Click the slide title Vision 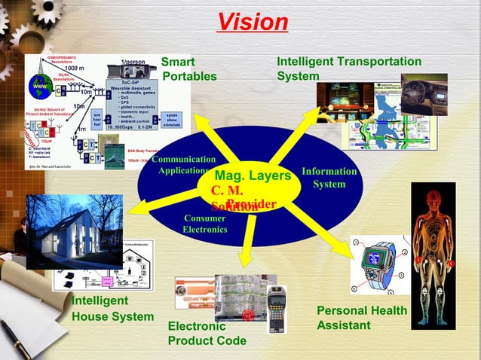253,21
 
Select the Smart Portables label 188,69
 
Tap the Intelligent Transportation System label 349,69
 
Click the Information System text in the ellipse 329,178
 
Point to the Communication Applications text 183,165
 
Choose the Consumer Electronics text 204,224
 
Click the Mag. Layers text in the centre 253,176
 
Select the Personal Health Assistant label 361,318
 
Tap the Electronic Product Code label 207,334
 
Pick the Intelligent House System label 112,309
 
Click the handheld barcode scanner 276,305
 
